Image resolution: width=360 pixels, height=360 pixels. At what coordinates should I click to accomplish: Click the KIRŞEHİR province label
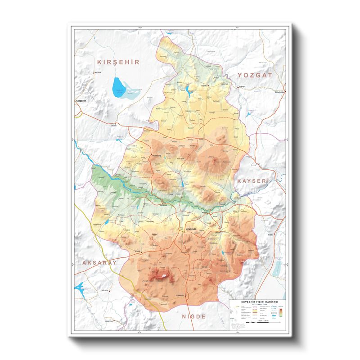(118, 62)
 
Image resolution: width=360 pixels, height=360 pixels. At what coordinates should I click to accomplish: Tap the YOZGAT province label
(255, 75)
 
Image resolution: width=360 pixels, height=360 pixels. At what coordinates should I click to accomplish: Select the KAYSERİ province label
(252, 180)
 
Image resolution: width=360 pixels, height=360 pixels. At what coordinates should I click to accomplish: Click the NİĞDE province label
(193, 316)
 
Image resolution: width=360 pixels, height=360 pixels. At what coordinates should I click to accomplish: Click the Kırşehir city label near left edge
(81, 101)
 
